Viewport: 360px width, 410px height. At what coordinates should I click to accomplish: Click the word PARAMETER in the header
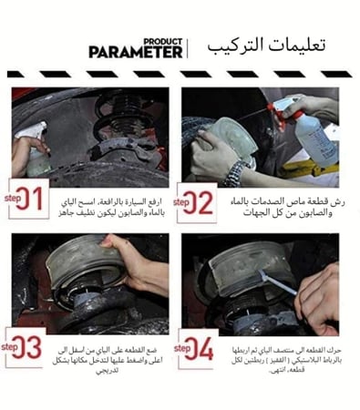pyautogui.click(x=136, y=52)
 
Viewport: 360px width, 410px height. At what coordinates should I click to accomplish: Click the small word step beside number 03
pyautogui.click(x=12, y=345)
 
